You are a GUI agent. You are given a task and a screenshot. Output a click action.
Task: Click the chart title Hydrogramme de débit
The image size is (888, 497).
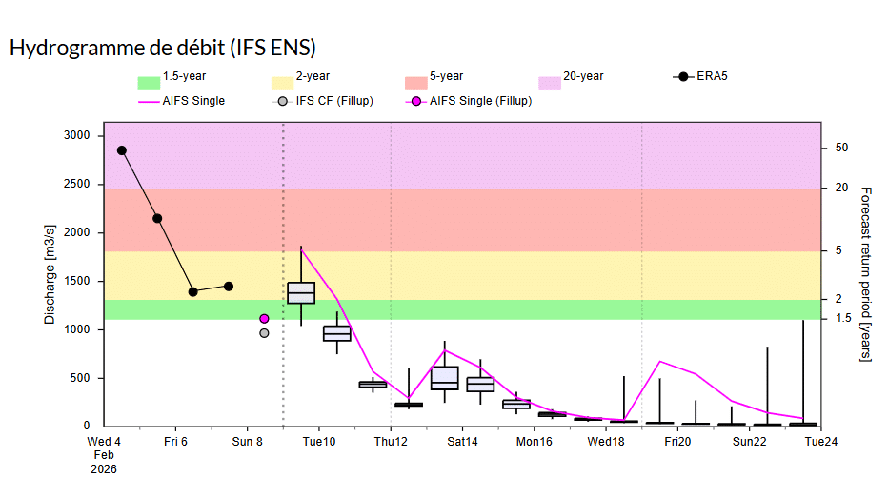pos(162,48)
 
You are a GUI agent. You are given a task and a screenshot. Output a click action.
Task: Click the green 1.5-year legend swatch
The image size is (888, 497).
pos(148,83)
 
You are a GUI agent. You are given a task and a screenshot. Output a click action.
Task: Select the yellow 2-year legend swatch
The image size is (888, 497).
pos(282,83)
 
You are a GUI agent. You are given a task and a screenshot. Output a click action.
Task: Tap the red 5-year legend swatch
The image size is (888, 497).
pos(415,83)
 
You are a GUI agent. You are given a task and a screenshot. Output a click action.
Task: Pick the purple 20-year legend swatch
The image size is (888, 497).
pos(549,83)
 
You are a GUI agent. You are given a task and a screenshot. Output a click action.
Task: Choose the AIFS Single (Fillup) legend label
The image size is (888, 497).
pos(480,100)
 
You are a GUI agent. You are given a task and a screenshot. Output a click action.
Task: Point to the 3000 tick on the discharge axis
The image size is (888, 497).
pos(75,136)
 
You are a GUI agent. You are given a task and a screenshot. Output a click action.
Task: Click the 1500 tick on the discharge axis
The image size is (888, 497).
pos(75,281)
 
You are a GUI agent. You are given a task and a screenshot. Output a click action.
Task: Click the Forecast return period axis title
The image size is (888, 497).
pos(866,274)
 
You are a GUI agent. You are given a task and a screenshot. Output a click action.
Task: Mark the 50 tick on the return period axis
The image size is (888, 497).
pos(841,148)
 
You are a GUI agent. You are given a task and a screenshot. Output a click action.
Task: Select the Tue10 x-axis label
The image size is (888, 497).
pos(318,442)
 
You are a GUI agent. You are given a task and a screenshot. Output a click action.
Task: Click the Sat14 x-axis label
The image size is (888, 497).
pos(462,442)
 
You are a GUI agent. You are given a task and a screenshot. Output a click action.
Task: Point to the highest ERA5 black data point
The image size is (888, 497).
pos(122,150)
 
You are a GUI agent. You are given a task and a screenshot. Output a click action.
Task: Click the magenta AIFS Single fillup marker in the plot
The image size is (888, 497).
pos(264,319)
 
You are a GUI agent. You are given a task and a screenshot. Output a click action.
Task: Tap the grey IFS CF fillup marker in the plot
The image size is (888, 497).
pos(264,333)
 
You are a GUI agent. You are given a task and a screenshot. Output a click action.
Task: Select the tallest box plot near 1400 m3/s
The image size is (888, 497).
pos(301,292)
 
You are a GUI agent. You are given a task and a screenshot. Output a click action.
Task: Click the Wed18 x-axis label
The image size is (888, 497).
pos(606,442)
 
